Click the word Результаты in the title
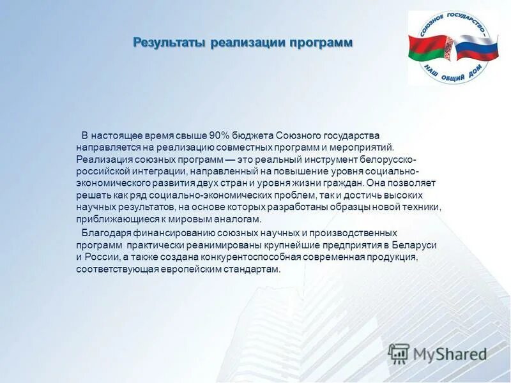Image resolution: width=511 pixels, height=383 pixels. pyautogui.click(x=169, y=43)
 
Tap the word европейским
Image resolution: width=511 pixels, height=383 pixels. pyautogui.click(x=199, y=269)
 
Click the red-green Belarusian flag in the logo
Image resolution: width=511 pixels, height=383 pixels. pyautogui.click(x=429, y=50)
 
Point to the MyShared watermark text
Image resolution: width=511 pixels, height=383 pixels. pyautogui.click(x=450, y=354)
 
